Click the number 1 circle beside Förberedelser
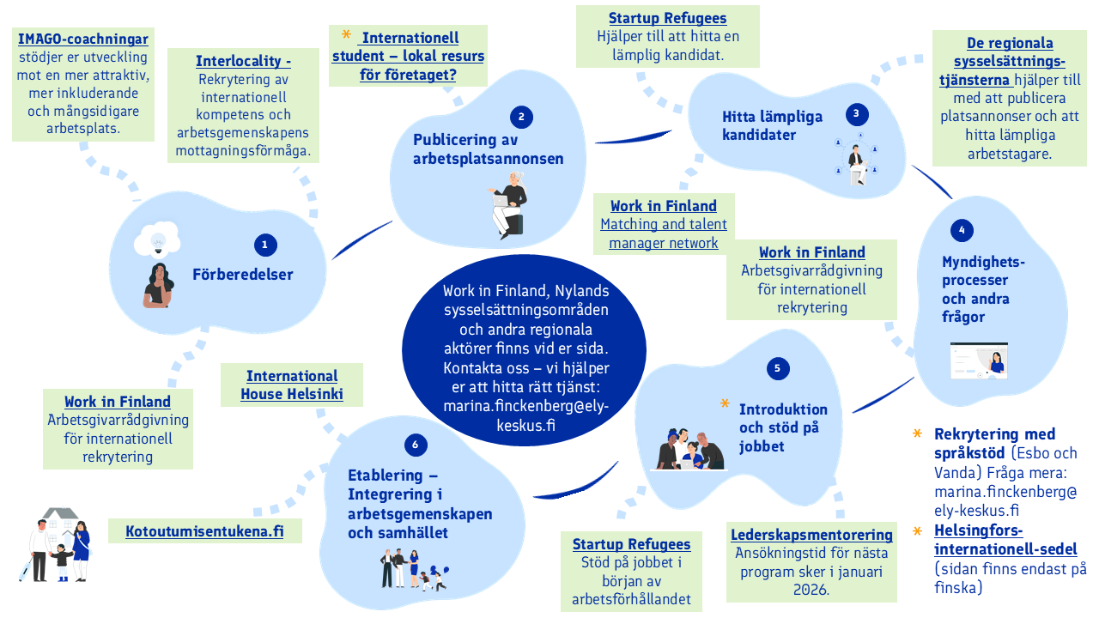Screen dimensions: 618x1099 coord(265,245)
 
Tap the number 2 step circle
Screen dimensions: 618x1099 coord(521,118)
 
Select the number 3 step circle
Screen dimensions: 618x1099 coord(856,113)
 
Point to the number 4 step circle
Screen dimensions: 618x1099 coord(962,230)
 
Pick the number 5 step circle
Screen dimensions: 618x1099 coord(777,368)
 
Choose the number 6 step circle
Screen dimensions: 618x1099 coord(416,444)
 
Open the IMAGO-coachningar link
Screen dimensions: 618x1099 coord(83,39)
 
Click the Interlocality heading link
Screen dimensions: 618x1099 coord(243,61)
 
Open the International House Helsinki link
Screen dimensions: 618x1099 coord(292,385)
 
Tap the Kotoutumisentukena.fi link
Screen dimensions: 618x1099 coord(204,531)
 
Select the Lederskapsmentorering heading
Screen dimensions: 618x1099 coord(811,535)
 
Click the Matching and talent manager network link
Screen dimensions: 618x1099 coord(664,233)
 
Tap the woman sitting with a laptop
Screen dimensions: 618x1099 coord(509,204)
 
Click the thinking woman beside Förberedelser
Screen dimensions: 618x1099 coord(159,285)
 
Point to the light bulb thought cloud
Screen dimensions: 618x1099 coord(156,241)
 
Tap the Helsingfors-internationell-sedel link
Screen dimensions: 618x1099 coord(1005,539)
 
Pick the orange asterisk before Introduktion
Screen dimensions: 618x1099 coord(726,403)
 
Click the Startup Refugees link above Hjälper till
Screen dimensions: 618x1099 coord(667,18)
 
